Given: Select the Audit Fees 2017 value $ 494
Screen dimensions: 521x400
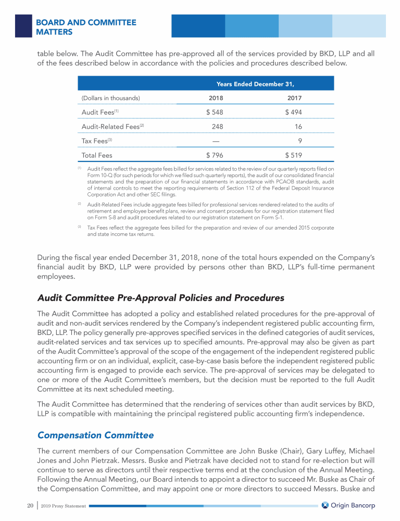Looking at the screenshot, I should click(293, 112).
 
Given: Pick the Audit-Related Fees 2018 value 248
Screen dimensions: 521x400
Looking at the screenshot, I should click(218, 127).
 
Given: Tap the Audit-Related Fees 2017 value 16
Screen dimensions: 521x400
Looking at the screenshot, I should click(298, 127).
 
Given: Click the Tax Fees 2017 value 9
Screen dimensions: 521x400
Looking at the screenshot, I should click(300, 141).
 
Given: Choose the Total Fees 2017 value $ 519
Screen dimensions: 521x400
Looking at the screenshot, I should click(293, 155).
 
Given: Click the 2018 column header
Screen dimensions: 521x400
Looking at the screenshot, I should click(216, 98).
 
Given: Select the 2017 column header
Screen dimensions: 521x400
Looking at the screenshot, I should click(294, 98).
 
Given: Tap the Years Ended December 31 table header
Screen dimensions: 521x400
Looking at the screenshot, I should click(255, 83).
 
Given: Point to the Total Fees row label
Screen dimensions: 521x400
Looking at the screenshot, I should click(97, 155).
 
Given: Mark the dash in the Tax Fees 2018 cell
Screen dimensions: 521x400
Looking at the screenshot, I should click(216, 141).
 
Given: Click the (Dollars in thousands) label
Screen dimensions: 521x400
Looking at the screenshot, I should click(110, 98).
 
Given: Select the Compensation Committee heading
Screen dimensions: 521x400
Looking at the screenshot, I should click(95, 435).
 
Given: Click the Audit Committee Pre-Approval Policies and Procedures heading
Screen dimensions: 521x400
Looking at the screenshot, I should click(161, 298).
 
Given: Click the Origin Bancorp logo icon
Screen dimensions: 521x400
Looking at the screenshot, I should click(324, 505).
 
